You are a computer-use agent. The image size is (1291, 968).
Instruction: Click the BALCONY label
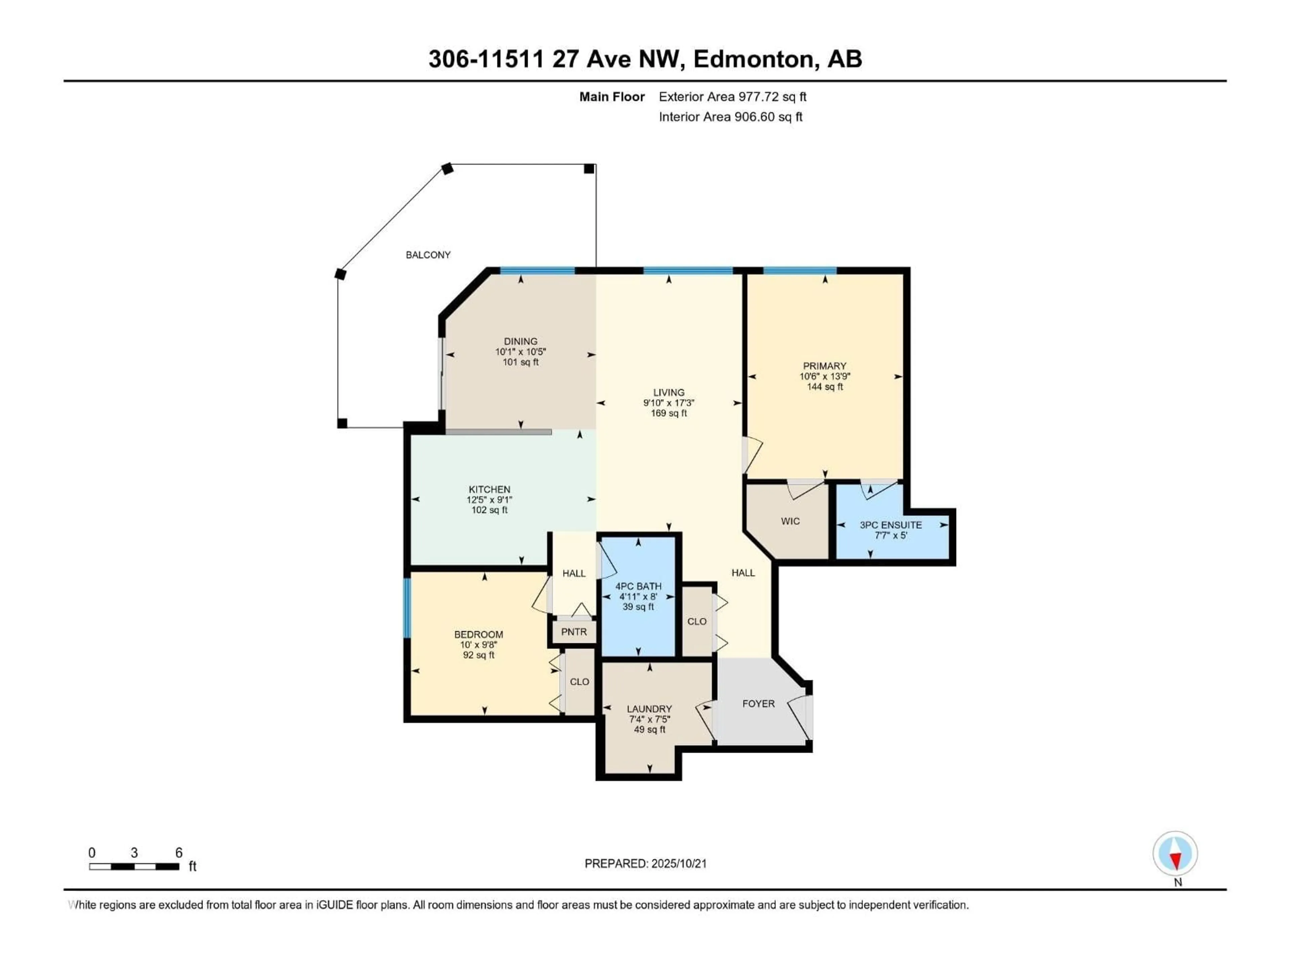[x=428, y=255]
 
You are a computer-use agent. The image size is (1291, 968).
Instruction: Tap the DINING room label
[x=520, y=341]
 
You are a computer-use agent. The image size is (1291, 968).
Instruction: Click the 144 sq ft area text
[x=825, y=387]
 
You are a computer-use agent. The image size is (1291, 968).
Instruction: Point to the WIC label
[x=790, y=521]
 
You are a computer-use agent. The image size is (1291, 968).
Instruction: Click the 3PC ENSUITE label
[x=891, y=525]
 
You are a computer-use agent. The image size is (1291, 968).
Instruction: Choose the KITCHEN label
[x=489, y=489]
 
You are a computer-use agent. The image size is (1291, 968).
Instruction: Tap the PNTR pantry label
[x=574, y=632]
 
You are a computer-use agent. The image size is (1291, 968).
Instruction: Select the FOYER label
[x=758, y=704]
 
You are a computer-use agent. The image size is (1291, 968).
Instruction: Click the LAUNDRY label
[x=649, y=709]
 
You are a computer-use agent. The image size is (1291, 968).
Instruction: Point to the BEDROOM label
[x=479, y=634]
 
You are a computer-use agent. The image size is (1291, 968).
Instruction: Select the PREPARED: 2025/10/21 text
[x=645, y=863]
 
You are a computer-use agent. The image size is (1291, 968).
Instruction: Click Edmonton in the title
[x=753, y=59]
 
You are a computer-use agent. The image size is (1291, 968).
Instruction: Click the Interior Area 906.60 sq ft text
[x=730, y=117]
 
